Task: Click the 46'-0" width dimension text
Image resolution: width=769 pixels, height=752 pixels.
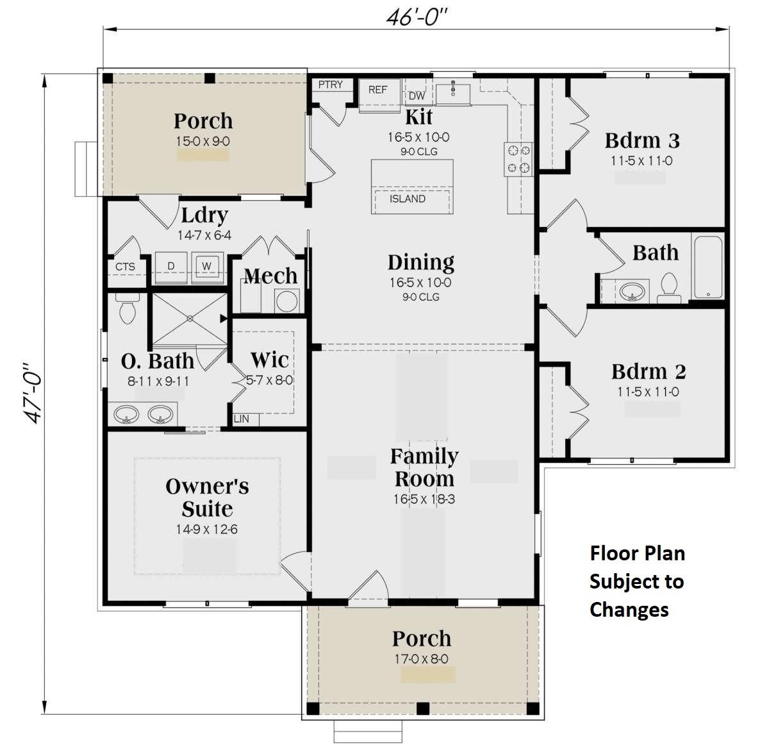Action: pyautogui.click(x=416, y=17)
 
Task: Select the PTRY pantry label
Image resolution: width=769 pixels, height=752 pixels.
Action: pyautogui.click(x=331, y=85)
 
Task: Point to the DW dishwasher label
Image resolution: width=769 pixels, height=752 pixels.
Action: pyautogui.click(x=417, y=96)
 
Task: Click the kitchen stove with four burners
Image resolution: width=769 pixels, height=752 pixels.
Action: pyautogui.click(x=518, y=159)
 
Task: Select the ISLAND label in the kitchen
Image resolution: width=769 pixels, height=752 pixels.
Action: pyautogui.click(x=408, y=199)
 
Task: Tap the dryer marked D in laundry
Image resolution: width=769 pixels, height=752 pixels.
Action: pyautogui.click(x=171, y=267)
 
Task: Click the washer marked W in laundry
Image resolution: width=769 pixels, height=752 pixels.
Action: pyautogui.click(x=206, y=267)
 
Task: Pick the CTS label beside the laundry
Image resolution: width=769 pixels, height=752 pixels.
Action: pyautogui.click(x=125, y=267)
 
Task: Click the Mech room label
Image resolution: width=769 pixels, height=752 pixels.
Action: pyautogui.click(x=270, y=276)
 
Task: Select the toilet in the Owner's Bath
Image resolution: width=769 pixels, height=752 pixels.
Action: pyautogui.click(x=127, y=310)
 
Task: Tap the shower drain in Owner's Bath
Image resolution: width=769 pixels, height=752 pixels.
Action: pyautogui.click(x=190, y=318)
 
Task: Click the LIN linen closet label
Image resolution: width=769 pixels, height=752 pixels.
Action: pyautogui.click(x=242, y=419)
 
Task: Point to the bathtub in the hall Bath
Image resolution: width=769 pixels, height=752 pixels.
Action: pyautogui.click(x=707, y=267)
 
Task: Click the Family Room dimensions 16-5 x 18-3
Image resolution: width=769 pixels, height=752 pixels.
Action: pyautogui.click(x=424, y=499)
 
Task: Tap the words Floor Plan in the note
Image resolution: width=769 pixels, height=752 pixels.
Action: pyautogui.click(x=637, y=553)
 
